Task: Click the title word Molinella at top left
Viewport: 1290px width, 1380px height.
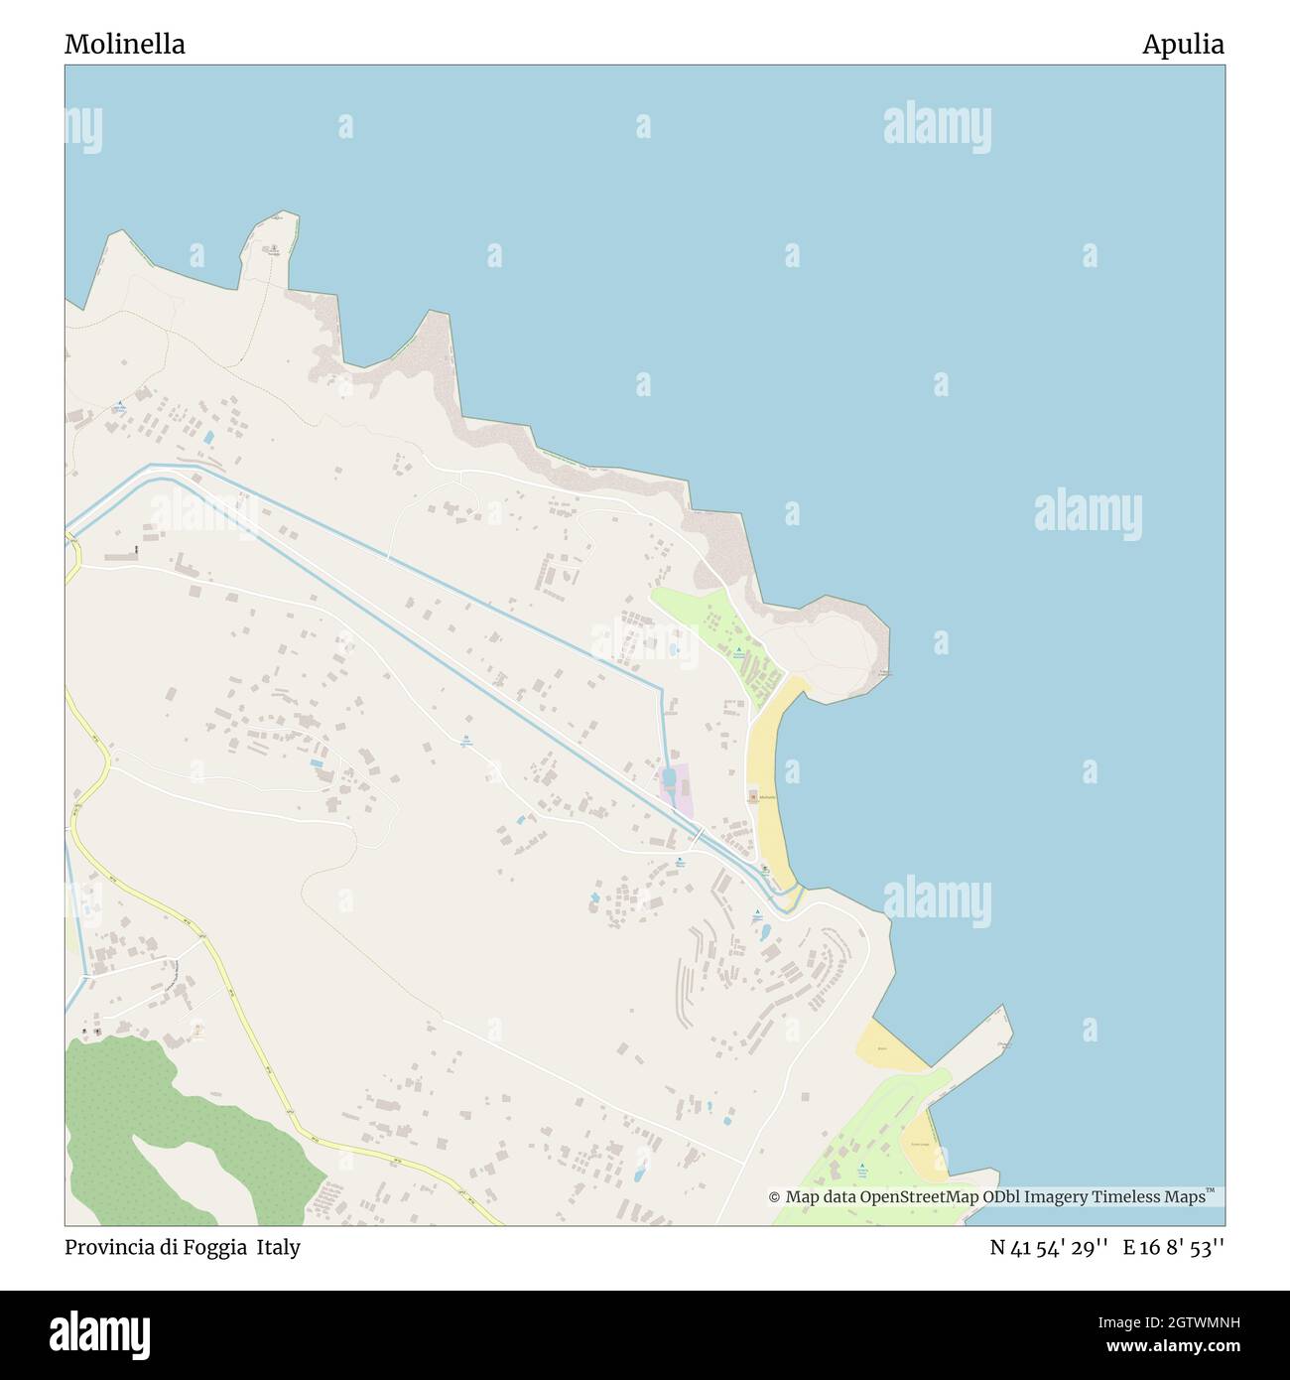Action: point(125,45)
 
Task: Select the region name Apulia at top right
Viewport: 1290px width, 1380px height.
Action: point(1183,45)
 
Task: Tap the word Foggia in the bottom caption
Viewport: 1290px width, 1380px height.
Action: point(206,1248)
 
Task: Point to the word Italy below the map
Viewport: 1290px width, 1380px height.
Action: point(279,1248)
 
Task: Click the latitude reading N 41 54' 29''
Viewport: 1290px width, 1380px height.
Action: point(1052,1248)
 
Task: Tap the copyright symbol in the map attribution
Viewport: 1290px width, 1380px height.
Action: point(774,1197)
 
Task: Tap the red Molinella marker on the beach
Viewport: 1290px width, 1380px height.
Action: point(752,796)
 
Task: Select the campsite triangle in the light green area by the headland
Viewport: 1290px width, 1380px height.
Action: point(738,651)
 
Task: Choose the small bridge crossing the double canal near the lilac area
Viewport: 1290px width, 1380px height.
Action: point(699,835)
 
